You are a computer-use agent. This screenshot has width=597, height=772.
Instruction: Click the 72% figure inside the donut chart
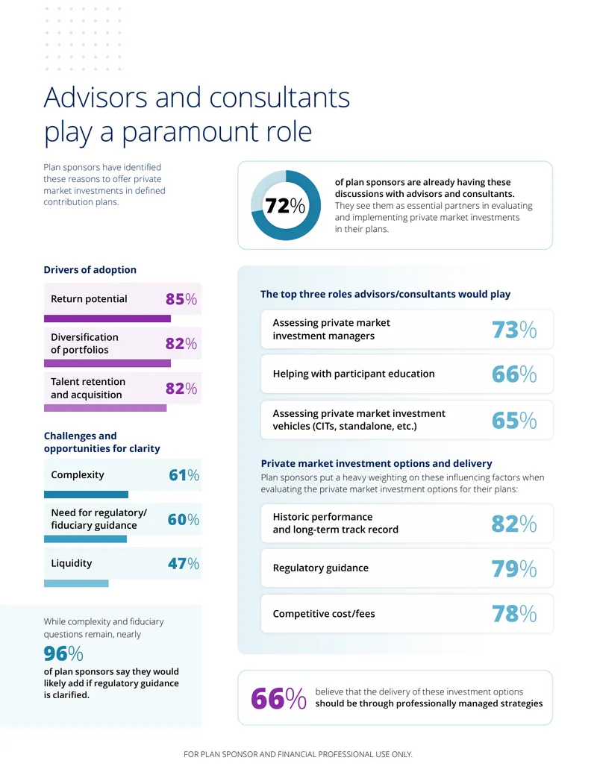click(285, 205)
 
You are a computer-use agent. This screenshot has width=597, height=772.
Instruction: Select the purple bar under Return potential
click(107, 318)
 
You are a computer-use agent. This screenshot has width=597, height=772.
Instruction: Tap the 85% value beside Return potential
click(181, 299)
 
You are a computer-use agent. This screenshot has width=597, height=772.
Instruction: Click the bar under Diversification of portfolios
click(107, 363)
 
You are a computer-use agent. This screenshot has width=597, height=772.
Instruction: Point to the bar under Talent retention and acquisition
click(105, 408)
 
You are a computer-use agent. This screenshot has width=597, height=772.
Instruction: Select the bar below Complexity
click(87, 495)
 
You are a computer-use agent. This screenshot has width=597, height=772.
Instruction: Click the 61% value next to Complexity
click(184, 475)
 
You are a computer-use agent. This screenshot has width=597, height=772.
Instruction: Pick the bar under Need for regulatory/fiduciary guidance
click(85, 539)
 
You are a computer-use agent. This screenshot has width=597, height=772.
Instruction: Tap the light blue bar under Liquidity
click(76, 583)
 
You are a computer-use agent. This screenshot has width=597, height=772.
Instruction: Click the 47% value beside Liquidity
click(184, 563)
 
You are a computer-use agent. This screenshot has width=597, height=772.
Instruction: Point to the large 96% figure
click(63, 653)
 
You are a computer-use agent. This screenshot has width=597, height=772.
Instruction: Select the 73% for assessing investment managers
click(514, 330)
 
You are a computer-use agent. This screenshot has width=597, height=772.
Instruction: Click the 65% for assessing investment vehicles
click(514, 420)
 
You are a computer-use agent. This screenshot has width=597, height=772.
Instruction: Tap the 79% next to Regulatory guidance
click(514, 568)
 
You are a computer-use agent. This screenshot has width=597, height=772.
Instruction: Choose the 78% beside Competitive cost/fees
click(514, 613)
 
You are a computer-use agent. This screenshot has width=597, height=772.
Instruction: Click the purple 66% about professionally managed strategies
click(279, 698)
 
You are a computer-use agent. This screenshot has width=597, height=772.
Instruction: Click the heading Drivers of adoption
click(90, 270)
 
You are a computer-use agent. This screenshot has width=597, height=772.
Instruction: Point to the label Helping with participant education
click(354, 374)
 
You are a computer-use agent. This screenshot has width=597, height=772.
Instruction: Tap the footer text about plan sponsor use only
click(298, 754)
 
